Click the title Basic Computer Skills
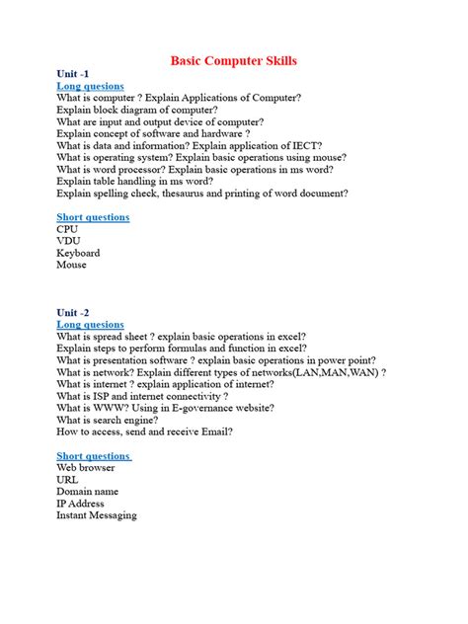click(x=233, y=61)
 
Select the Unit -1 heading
click(x=78, y=74)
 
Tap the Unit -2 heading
click(x=78, y=313)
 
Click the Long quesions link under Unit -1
click(x=90, y=86)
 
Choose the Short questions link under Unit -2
click(x=94, y=456)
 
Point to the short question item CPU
click(x=67, y=229)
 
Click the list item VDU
click(x=68, y=241)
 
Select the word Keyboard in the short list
click(x=78, y=253)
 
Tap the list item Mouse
click(x=71, y=265)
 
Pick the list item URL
click(x=67, y=480)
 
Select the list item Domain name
click(x=87, y=492)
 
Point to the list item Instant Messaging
click(x=97, y=515)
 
